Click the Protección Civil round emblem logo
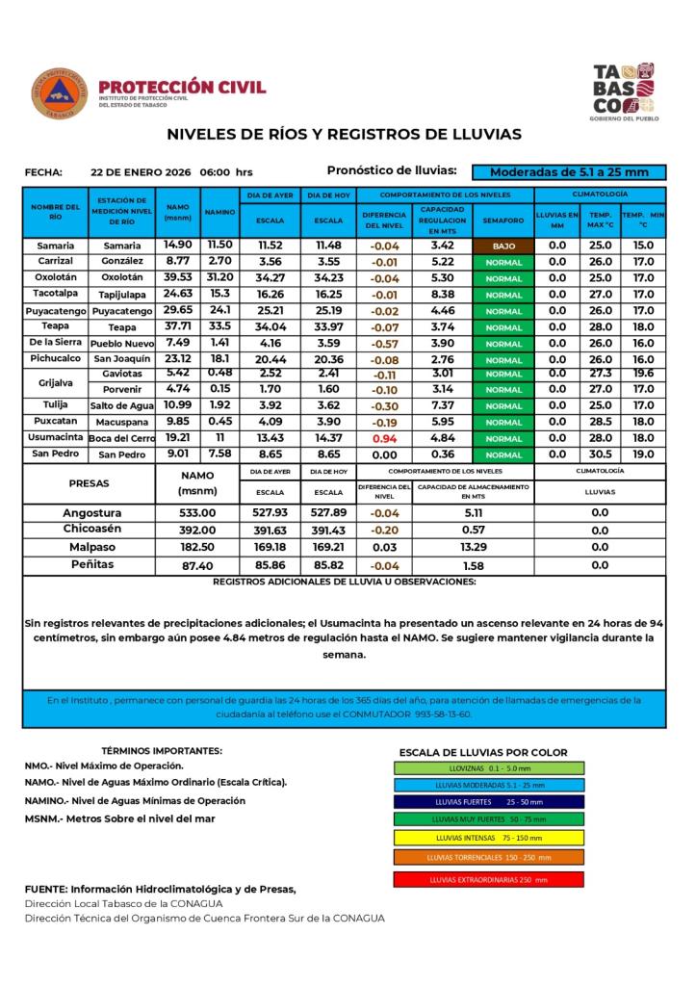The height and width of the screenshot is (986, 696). (59, 93)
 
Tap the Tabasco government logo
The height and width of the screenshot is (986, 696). (624, 91)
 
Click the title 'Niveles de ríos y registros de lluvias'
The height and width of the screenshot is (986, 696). (344, 135)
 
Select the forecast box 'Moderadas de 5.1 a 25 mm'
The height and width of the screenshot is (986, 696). (568, 172)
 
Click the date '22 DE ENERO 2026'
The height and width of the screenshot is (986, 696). (141, 172)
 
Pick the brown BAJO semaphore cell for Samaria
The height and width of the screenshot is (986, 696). (503, 246)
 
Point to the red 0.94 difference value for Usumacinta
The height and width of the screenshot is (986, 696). (384, 437)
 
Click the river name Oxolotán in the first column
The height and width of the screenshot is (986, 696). (56, 277)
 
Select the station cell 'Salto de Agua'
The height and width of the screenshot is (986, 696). (122, 405)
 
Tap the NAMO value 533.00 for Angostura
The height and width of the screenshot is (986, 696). (197, 513)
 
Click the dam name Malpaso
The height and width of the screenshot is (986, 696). (92, 546)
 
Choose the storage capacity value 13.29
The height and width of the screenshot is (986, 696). (473, 546)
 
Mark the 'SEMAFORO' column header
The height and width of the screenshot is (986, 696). (503, 221)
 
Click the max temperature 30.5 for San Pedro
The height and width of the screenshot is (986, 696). (600, 454)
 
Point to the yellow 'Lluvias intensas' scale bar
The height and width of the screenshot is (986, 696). (488, 837)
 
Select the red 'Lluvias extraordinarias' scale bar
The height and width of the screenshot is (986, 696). (488, 879)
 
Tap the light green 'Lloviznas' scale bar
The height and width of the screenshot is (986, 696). (488, 768)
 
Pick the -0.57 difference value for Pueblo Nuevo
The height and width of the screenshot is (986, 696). (384, 344)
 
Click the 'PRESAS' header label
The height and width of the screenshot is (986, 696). (90, 483)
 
